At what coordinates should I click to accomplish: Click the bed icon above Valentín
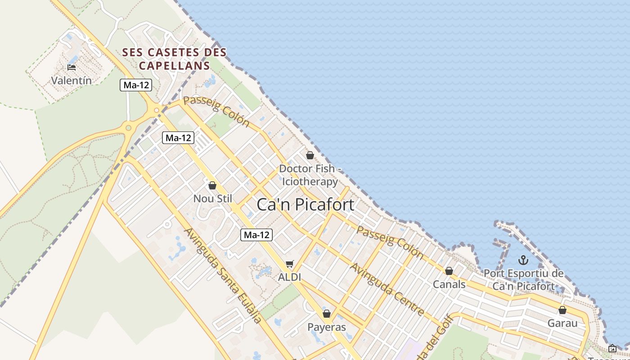click(x=71, y=68)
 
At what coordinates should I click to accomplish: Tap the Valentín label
click(x=72, y=81)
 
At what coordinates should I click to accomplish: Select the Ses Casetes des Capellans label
click(x=175, y=59)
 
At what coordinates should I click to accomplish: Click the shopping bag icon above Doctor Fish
click(x=310, y=155)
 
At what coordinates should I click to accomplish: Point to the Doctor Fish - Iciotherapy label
click(x=310, y=175)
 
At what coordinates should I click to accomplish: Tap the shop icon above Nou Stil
click(x=212, y=185)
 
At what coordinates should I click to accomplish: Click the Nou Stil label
click(x=212, y=198)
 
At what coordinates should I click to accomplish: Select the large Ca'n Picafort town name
click(x=305, y=205)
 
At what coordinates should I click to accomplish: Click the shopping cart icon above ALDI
click(x=290, y=264)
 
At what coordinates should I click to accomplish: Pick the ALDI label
click(x=289, y=277)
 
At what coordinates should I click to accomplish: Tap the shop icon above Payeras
click(x=327, y=314)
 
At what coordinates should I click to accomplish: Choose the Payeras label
click(x=327, y=327)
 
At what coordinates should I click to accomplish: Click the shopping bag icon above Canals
click(x=449, y=271)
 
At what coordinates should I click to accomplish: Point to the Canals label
click(x=449, y=284)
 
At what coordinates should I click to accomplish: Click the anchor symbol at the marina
click(x=523, y=260)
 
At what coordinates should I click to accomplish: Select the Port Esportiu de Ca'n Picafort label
click(x=523, y=279)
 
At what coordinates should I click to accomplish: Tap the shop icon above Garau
click(x=562, y=310)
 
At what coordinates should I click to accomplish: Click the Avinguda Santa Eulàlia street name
click(x=223, y=275)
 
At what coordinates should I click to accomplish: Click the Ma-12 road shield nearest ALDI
click(x=256, y=234)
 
